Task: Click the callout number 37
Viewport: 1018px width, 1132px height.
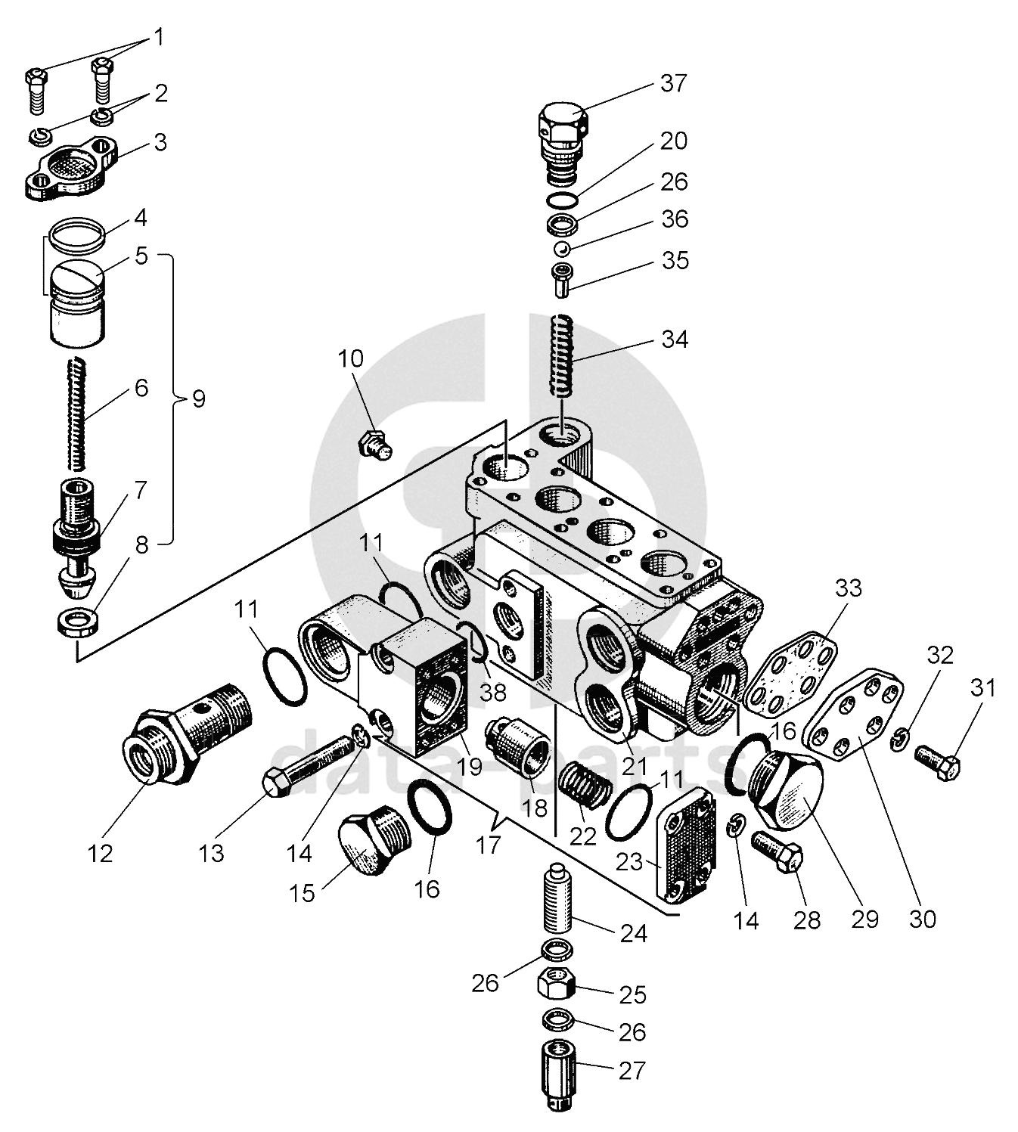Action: pyautogui.click(x=674, y=83)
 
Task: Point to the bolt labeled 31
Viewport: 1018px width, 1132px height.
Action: pyautogui.click(x=936, y=763)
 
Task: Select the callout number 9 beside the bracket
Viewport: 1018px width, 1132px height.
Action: pyautogui.click(x=199, y=399)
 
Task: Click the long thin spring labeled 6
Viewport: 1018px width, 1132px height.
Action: pyautogui.click(x=77, y=413)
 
